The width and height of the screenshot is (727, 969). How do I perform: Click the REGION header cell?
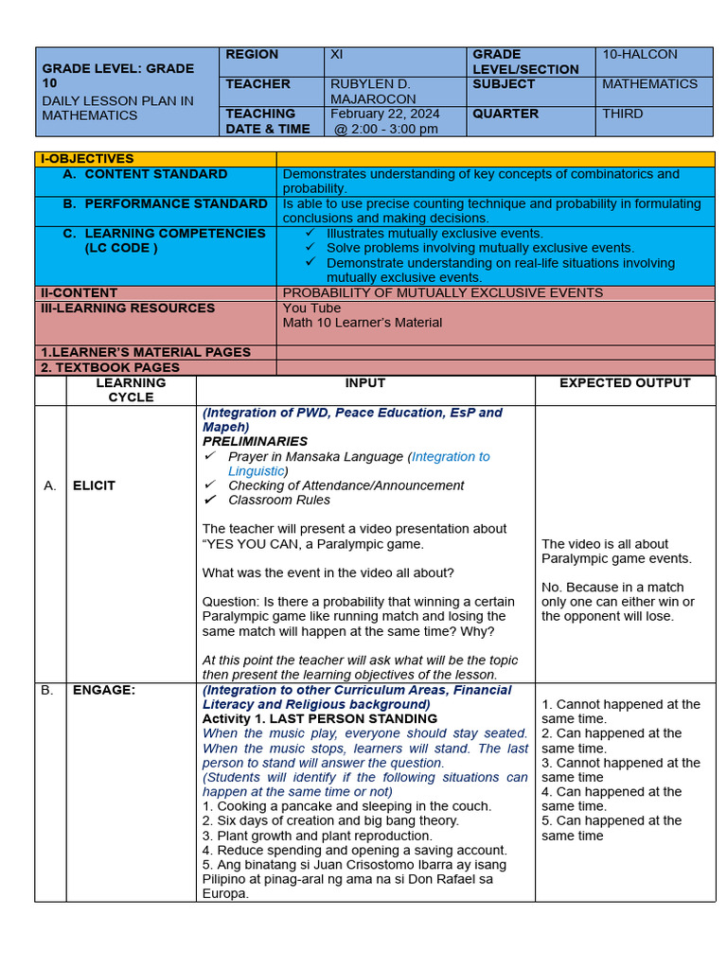[252, 55]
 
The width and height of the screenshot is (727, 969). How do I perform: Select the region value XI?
[336, 55]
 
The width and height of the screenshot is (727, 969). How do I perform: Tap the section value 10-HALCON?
[640, 55]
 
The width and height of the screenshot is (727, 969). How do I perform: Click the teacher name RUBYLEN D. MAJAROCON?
[372, 92]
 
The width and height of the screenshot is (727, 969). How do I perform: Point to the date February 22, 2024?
[384, 114]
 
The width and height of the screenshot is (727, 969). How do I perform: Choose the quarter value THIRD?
[622, 114]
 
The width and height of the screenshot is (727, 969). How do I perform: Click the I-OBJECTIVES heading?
[86, 159]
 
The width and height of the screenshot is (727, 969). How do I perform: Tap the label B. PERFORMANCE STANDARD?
[166, 203]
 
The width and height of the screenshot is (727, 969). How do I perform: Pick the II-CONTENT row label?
[79, 293]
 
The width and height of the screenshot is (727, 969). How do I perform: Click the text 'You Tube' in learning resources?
[311, 308]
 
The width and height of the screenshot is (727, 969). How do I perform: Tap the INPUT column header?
[365, 383]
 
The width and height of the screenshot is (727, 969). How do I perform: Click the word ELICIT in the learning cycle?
[94, 485]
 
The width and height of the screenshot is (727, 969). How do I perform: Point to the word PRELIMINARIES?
[255, 442]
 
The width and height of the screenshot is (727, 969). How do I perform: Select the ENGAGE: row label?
[103, 691]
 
